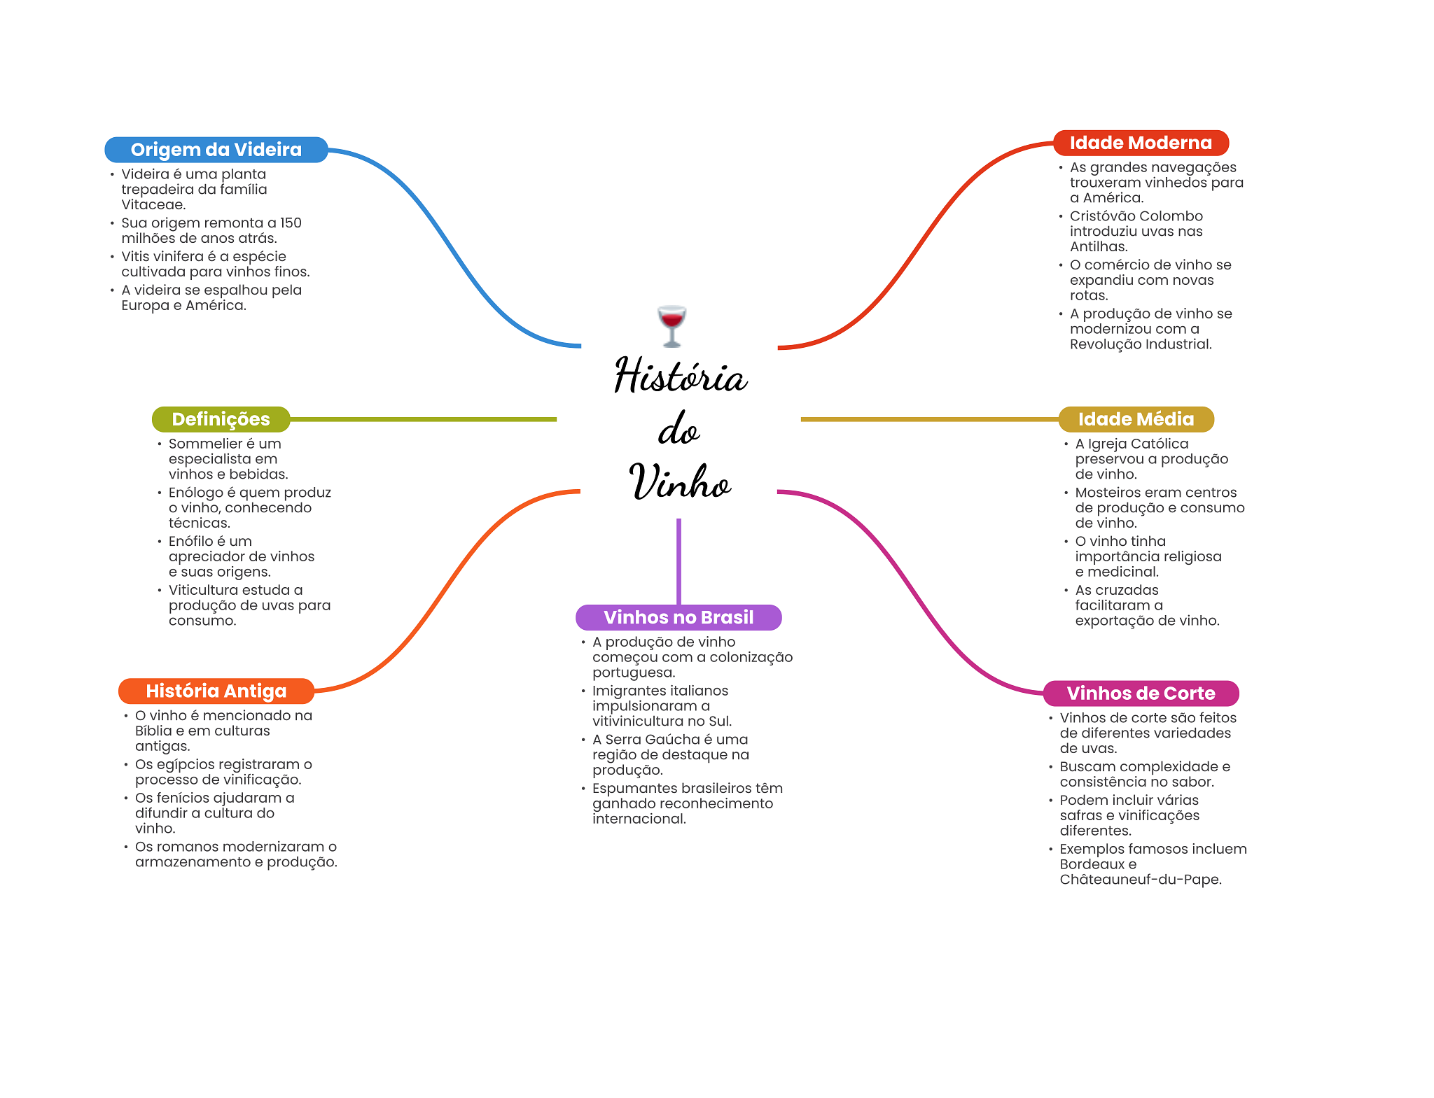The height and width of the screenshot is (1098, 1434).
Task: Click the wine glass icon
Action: click(671, 325)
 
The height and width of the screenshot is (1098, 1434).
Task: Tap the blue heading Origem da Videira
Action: click(216, 150)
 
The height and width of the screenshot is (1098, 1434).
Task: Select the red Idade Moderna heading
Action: click(1141, 143)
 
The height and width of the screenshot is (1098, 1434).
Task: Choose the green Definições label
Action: click(221, 419)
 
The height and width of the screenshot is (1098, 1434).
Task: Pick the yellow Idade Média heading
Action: click(1136, 419)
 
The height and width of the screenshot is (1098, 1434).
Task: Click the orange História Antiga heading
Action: click(216, 691)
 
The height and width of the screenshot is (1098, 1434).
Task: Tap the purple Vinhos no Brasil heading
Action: click(678, 617)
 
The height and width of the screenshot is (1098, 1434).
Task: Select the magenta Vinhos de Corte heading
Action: click(1141, 694)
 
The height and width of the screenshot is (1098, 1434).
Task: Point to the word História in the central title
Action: click(681, 374)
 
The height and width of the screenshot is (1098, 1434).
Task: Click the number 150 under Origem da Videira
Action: click(291, 223)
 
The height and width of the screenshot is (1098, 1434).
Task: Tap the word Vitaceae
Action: click(153, 205)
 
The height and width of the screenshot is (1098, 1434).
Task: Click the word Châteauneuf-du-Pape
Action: click(1141, 880)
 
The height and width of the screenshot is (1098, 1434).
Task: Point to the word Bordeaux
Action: click(1092, 864)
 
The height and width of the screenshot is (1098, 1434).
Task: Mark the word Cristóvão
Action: click(1102, 216)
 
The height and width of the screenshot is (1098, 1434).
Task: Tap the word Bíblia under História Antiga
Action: click(153, 731)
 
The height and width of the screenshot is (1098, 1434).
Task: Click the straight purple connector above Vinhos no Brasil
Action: click(678, 561)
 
